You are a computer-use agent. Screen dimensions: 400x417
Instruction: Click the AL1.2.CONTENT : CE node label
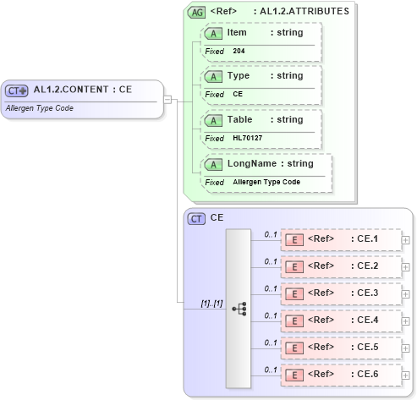(82, 90)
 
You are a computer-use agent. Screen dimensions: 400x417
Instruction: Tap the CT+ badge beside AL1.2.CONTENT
(17, 90)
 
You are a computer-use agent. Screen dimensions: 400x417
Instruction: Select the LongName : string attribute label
(271, 163)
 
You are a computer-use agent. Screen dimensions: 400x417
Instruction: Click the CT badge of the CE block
(196, 218)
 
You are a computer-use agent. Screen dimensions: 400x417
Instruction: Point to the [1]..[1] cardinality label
(211, 303)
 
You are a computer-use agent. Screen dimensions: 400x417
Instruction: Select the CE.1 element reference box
(340, 239)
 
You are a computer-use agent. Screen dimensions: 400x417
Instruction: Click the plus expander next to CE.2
(406, 266)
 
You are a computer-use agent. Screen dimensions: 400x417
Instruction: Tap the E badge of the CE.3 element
(295, 293)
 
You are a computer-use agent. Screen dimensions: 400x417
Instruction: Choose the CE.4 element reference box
(340, 321)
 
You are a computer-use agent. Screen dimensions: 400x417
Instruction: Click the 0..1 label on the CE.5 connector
(271, 342)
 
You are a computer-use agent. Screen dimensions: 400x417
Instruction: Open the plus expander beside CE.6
(406, 375)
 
